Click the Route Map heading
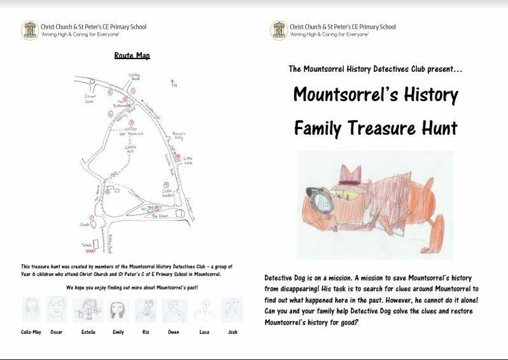[132, 56]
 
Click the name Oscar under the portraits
[57, 332]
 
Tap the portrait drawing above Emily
[118, 311]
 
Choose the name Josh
[232, 332]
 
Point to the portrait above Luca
[203, 311]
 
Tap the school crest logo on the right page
[278, 30]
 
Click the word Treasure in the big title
[381, 127]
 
